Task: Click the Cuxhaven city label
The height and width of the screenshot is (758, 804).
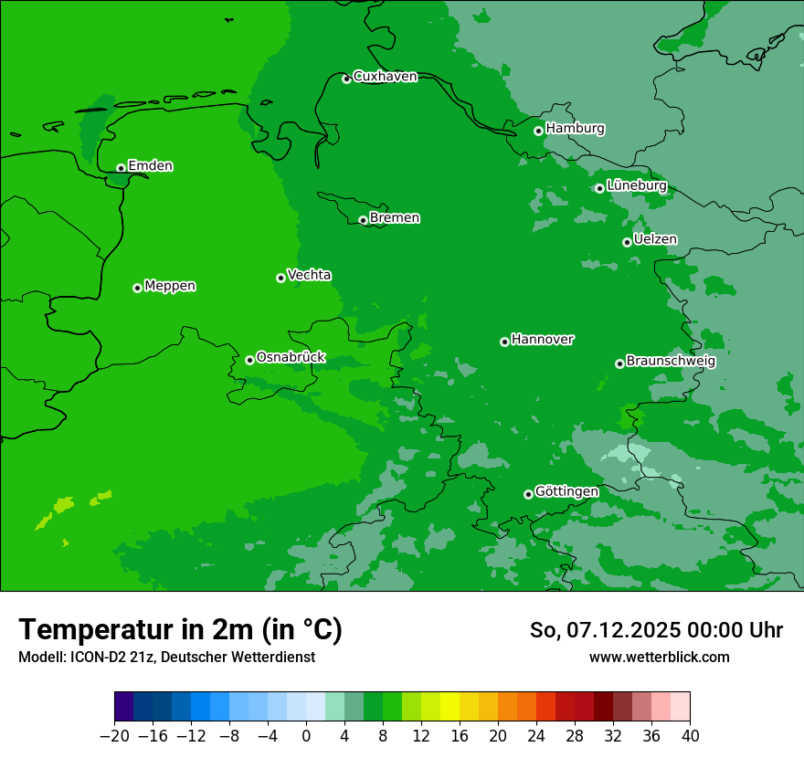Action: tap(385, 77)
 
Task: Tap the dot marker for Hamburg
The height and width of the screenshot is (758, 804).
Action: tap(539, 131)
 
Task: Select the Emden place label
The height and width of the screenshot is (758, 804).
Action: tap(150, 166)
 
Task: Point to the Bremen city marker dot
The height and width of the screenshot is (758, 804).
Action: tap(363, 220)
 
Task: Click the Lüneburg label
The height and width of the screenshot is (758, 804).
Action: tap(636, 185)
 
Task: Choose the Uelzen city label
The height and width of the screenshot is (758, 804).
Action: tap(655, 239)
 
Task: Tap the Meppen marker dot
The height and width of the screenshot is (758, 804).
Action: tap(138, 288)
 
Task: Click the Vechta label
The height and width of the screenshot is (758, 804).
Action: tap(309, 275)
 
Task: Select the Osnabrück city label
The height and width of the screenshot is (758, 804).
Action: tap(291, 358)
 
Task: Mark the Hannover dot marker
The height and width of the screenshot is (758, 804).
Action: tap(504, 342)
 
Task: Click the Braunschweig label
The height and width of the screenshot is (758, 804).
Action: tap(671, 362)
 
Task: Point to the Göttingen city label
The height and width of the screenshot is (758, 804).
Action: tap(566, 492)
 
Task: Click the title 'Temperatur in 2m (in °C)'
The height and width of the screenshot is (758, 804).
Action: tap(180, 630)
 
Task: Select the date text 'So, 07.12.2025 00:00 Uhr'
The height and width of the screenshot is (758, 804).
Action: tap(656, 630)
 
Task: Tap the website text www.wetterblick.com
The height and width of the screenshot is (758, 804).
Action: tap(659, 658)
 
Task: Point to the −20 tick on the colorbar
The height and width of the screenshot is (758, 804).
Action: tap(115, 736)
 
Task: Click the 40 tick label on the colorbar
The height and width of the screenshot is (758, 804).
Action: tap(690, 736)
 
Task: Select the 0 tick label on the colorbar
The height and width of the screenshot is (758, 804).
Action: tap(306, 736)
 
